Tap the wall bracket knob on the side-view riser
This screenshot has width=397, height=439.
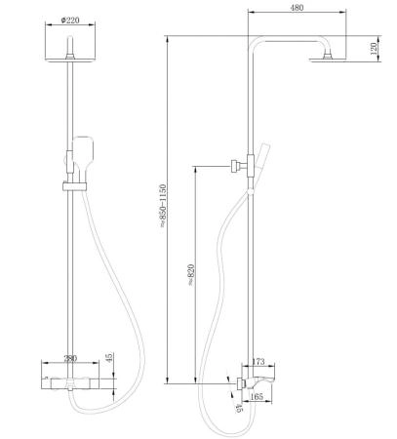[235, 166]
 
